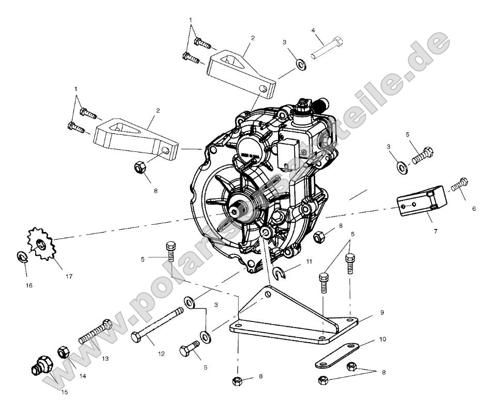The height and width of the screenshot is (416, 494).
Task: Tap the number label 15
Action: coord(65,392)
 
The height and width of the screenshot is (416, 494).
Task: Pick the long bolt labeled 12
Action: coord(156,325)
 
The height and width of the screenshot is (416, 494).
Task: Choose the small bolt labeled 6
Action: coord(459,184)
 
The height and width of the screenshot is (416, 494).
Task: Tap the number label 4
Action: coord(313,30)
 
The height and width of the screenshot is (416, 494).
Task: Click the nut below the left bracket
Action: coord(140,167)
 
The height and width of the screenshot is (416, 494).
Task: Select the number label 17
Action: coord(69,276)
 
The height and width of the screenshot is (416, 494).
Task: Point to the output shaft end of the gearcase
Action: coord(239,210)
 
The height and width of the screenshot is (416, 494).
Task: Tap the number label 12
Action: coord(161,354)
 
